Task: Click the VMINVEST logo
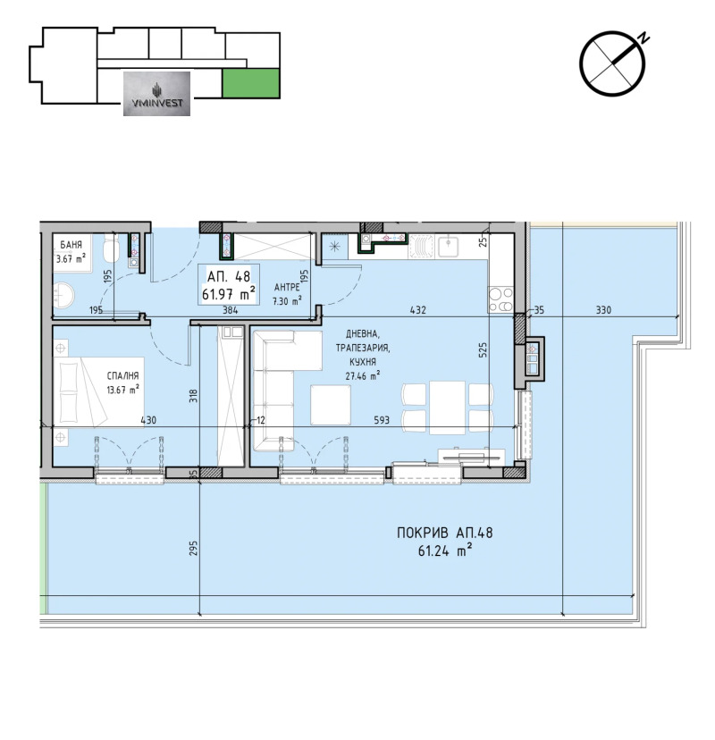156,94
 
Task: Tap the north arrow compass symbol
612,63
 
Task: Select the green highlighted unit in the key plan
250,82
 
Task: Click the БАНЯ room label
71,245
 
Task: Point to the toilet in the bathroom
111,248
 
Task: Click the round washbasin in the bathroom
63,296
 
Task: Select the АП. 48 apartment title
229,275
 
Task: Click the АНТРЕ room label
287,287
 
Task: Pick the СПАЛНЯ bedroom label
122,375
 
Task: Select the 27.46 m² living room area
363,375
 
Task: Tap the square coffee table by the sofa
331,405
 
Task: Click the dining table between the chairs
447,408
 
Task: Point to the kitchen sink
448,246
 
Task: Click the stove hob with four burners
500,299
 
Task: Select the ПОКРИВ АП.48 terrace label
444,533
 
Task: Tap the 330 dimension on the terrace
603,309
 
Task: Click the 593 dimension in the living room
382,419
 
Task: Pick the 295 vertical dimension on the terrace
194,548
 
